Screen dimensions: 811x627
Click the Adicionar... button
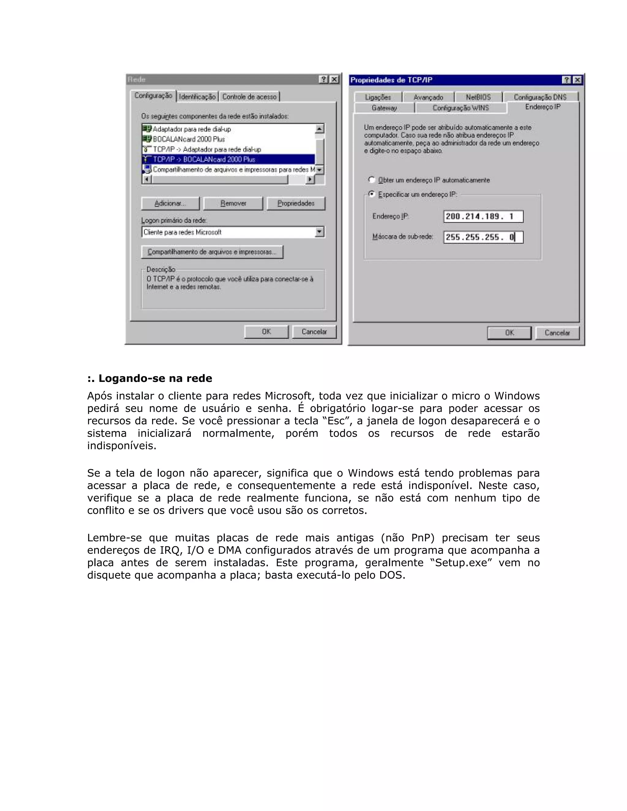click(x=170, y=204)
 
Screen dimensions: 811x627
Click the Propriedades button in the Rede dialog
click(x=296, y=204)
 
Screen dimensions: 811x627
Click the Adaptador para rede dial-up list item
click(x=192, y=129)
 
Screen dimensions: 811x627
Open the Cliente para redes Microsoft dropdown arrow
click(x=319, y=232)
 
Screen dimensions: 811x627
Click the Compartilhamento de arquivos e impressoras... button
click(x=212, y=252)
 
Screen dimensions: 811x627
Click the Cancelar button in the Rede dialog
click(x=314, y=332)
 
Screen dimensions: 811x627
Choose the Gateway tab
click(x=384, y=108)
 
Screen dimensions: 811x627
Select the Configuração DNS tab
click(x=540, y=97)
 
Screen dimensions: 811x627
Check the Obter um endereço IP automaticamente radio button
click(x=371, y=180)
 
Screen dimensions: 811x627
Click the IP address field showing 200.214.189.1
click(x=483, y=216)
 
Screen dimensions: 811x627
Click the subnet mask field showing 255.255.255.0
click(x=483, y=237)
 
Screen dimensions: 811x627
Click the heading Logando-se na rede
click(x=150, y=378)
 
